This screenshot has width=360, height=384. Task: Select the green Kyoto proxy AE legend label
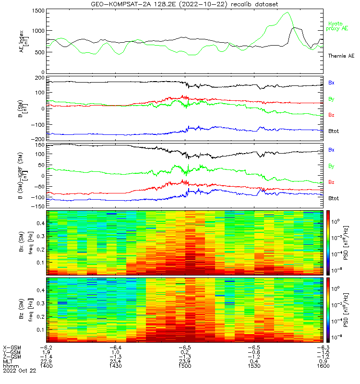click(x=338, y=26)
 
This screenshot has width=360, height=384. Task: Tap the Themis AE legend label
click(x=341, y=56)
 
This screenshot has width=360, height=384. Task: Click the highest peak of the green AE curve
click(x=287, y=13)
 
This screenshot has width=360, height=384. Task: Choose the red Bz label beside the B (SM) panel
click(x=331, y=115)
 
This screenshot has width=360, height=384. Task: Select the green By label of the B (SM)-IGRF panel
click(x=331, y=166)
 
